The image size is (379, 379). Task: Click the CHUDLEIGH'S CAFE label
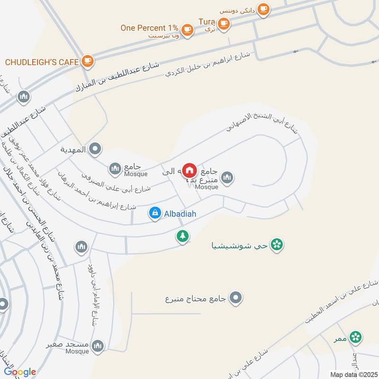(x=42, y=62)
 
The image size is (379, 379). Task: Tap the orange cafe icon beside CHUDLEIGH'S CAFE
(x=87, y=61)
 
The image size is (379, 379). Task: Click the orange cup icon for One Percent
(x=188, y=29)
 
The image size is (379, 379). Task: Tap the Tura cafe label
(x=207, y=22)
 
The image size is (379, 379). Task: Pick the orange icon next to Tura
(x=224, y=22)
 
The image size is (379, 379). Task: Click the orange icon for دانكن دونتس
(x=263, y=9)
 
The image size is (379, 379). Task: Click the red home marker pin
(x=190, y=170)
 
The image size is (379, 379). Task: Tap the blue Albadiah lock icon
(x=154, y=214)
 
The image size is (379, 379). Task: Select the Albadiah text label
(x=180, y=214)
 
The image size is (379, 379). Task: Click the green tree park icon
(x=183, y=235)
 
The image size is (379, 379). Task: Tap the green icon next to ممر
(x=356, y=337)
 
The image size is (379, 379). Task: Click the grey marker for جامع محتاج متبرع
(x=235, y=298)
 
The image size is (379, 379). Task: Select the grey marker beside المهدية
(x=95, y=150)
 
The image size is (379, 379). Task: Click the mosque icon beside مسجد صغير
(x=98, y=346)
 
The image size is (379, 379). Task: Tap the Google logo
(x=19, y=372)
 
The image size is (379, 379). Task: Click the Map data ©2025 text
(x=352, y=374)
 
